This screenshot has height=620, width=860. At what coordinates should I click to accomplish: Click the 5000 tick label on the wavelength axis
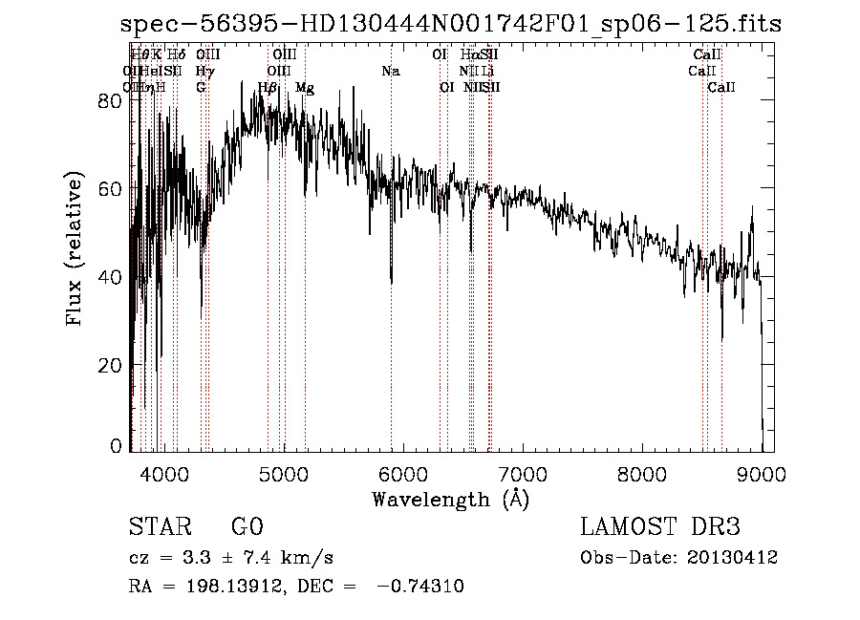[x=283, y=473]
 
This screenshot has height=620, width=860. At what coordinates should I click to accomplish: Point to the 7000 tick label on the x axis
[x=522, y=473]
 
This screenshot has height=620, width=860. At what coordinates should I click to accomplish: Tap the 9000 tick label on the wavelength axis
[x=761, y=473]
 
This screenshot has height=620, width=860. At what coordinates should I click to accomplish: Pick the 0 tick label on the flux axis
[x=116, y=446]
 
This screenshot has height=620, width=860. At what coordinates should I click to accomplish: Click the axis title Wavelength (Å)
[x=450, y=499]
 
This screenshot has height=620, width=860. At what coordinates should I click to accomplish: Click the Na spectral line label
[x=390, y=72]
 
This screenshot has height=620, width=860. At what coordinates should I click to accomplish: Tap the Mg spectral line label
[x=305, y=88]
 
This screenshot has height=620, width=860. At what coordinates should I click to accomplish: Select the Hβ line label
[x=268, y=88]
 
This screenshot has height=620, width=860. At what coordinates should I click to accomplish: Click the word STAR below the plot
[x=161, y=527]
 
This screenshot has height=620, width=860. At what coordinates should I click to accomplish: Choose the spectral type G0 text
[x=247, y=527]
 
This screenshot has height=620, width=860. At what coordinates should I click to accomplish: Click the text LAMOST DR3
[x=660, y=527]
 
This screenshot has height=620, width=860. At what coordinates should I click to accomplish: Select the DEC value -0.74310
[x=420, y=587]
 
